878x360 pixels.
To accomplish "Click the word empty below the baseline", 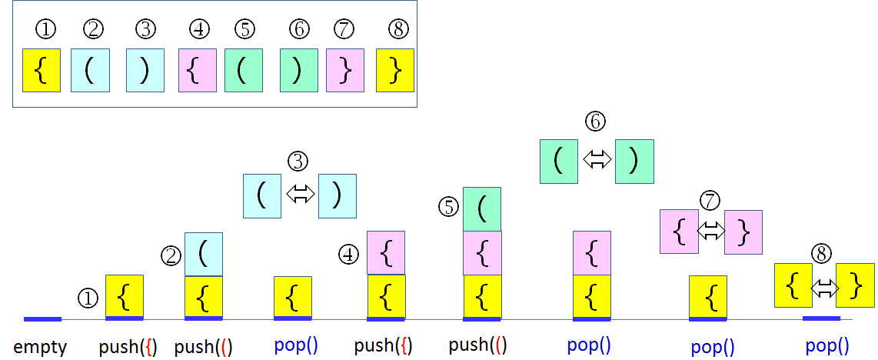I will (x=41, y=347).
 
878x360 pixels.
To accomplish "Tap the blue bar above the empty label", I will (x=42, y=318).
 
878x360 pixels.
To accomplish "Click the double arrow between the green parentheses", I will (x=597, y=159).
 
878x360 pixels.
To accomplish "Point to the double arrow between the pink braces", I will (x=711, y=230).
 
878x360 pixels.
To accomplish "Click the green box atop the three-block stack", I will (x=482, y=208).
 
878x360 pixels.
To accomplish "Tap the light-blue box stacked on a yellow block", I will (x=204, y=254).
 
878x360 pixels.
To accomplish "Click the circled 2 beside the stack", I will (x=171, y=255).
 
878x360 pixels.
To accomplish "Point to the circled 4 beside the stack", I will (x=350, y=253).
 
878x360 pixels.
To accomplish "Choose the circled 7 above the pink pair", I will (x=710, y=201).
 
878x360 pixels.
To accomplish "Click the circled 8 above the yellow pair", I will (x=822, y=254).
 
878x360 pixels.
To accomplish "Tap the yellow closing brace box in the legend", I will (x=395, y=71).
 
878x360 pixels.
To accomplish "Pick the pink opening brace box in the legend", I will (x=197, y=71).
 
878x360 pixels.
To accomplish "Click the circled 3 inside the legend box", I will (x=145, y=30).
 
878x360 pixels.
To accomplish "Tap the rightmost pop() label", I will (x=827, y=346).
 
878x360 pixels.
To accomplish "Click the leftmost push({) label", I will (x=128, y=347).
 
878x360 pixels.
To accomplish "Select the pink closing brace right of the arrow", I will (x=743, y=232).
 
